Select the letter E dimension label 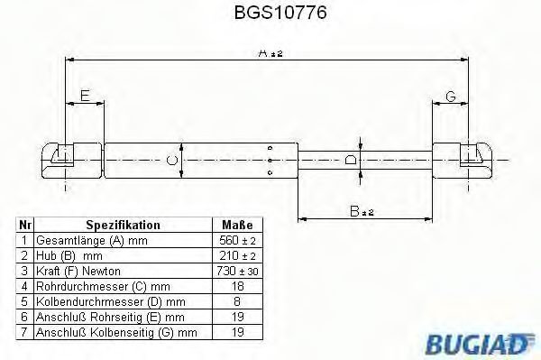(85, 95)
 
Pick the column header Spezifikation (123, 225)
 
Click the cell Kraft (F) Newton (77, 272)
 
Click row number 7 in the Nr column (24, 333)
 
